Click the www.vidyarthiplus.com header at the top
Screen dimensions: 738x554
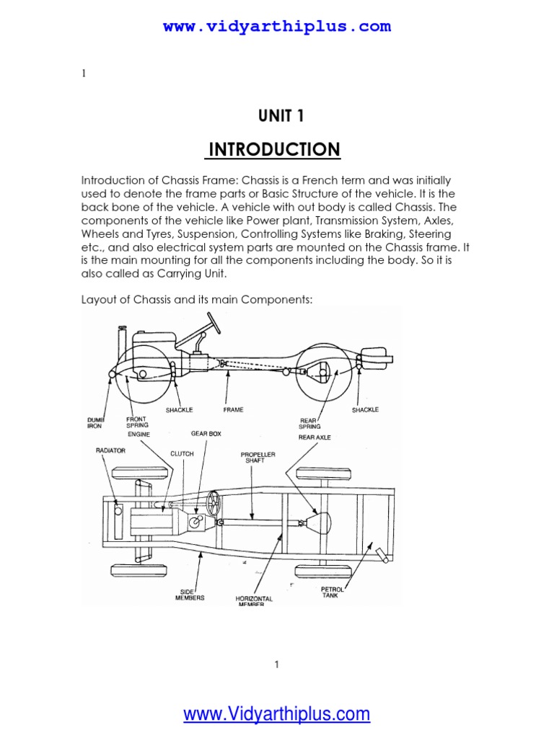pos(277,27)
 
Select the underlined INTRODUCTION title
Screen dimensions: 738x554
pos(274,149)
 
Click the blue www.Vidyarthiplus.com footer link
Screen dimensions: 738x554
pos(277,714)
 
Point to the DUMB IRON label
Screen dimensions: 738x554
pos(95,422)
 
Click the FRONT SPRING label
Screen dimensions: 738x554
pos(137,422)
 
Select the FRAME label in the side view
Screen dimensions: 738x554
pos(233,410)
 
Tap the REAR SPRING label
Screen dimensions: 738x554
pos(309,422)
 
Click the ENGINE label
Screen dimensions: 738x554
pos(139,435)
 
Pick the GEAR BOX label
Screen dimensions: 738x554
pos(203,434)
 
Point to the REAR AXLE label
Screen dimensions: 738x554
pos(315,437)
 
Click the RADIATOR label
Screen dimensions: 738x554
pos(110,450)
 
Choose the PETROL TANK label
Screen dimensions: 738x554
pos(333,592)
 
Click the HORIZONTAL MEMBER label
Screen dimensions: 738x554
pos(253,601)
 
